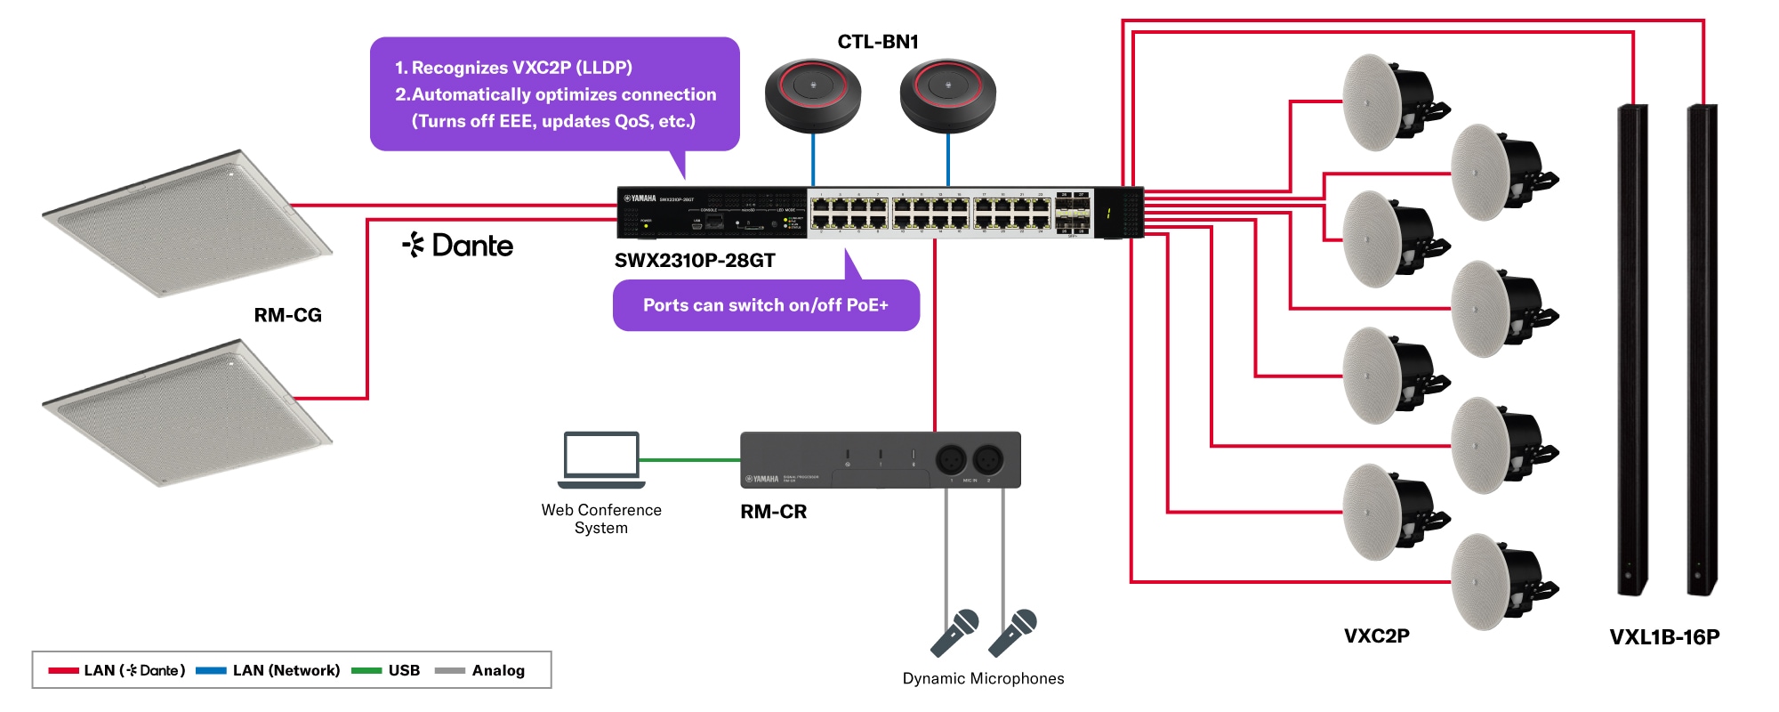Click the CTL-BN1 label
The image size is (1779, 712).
click(x=877, y=42)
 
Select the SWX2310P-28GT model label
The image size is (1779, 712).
click(x=695, y=261)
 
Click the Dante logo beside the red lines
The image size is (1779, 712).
click(x=458, y=246)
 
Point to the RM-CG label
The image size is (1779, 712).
click(x=287, y=315)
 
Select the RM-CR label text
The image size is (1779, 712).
click(x=773, y=512)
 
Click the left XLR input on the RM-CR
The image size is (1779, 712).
click(x=951, y=460)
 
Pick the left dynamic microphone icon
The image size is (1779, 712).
click(x=954, y=632)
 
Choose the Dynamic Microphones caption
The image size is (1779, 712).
click(x=983, y=678)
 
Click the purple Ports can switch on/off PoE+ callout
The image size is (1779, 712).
click(x=765, y=305)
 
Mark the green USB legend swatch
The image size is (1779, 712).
click(x=366, y=670)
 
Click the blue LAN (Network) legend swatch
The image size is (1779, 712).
click(x=211, y=670)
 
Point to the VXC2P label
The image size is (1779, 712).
click(x=1376, y=635)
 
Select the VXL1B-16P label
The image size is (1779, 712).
click(x=1663, y=637)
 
